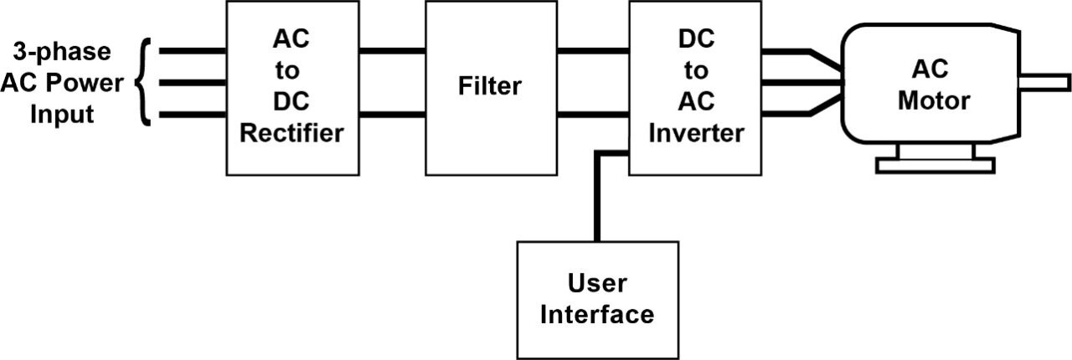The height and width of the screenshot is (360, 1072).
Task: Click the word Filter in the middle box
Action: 490,85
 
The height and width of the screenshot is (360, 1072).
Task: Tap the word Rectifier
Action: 291,134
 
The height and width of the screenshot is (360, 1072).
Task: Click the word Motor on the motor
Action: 933,101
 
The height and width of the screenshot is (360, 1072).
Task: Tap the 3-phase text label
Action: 62,51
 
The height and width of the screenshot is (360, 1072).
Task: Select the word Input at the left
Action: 62,115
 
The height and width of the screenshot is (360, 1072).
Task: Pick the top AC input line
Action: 191,51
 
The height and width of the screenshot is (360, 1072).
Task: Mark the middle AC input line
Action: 191,82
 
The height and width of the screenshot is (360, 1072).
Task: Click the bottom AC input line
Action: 191,114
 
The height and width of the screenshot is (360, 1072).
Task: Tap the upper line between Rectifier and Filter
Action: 392,51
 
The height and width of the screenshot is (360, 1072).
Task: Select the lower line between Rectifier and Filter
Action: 392,114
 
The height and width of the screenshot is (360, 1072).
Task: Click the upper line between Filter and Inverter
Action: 593,51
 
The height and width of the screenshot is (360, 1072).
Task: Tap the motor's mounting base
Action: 934,164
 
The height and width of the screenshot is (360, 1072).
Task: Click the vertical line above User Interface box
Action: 597,201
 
